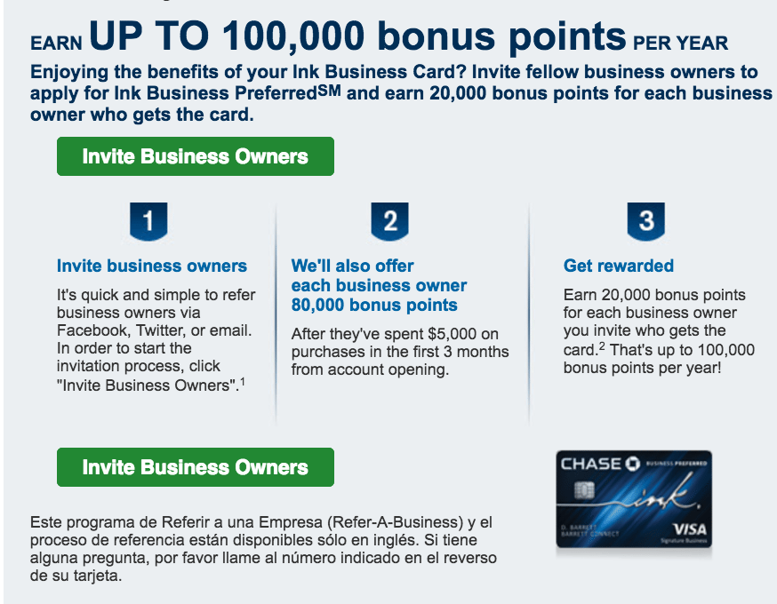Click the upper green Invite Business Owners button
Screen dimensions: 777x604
[x=196, y=156]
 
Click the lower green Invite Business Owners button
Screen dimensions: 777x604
[x=196, y=467]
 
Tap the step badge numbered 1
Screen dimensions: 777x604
[x=148, y=221]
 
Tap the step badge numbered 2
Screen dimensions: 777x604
[x=390, y=221]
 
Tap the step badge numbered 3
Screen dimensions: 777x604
[x=645, y=221]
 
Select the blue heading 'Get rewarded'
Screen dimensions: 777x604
[x=619, y=266]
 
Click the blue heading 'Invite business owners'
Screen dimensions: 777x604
[x=152, y=266]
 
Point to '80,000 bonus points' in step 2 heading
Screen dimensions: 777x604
[x=374, y=305]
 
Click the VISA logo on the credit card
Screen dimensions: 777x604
[x=690, y=529]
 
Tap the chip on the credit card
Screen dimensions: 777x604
[x=584, y=490]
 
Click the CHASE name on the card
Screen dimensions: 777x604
[x=590, y=464]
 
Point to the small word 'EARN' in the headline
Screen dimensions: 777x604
[x=56, y=43]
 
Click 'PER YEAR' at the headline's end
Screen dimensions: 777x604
[x=680, y=43]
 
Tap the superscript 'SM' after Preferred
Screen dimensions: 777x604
[x=329, y=90]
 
